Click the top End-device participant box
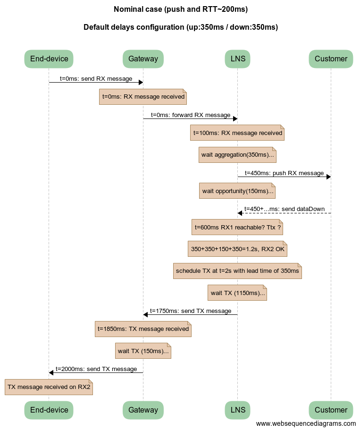(49, 59)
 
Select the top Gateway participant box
(143, 59)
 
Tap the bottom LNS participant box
(237, 410)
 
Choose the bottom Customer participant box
(331, 410)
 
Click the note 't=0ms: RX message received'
(143, 97)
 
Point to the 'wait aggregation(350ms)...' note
(237, 155)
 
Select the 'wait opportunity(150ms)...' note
(237, 191)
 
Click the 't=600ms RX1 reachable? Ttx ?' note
(237, 228)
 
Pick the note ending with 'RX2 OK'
(237, 249)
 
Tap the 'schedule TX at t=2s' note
(237, 271)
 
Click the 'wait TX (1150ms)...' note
(237, 293)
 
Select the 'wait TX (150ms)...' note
(143, 351)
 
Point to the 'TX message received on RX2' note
(49, 387)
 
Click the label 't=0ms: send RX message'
(96, 78)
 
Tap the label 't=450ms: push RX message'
(284, 173)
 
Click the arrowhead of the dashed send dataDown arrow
(240, 213)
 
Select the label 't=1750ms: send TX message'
(191, 311)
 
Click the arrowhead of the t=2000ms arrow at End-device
(51, 372)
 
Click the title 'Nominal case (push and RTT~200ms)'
(181, 9)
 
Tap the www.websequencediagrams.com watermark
(306, 423)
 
